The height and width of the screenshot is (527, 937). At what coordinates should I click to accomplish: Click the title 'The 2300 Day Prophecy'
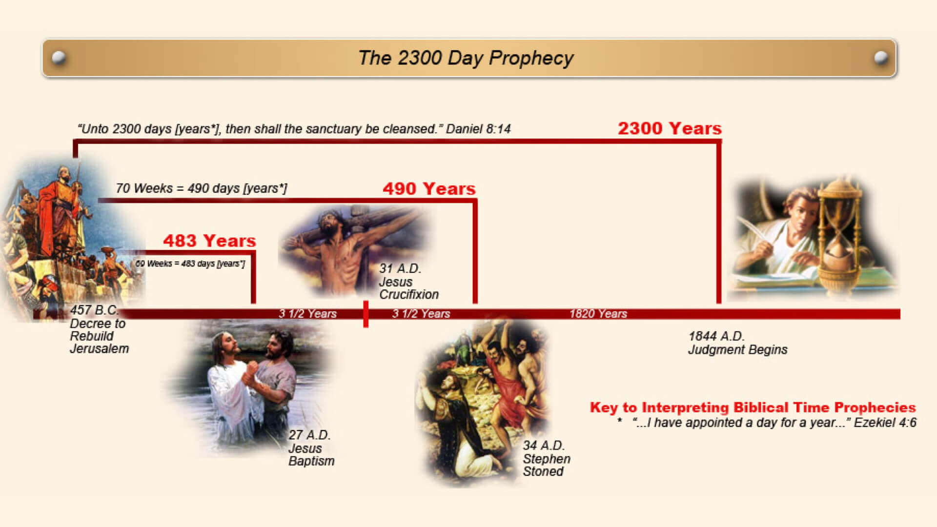point(466,58)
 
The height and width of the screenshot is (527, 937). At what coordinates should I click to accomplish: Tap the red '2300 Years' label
point(670,128)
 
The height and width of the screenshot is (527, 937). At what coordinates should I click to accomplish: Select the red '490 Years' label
point(429,188)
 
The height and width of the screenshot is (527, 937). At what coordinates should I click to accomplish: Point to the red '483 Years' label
point(209,241)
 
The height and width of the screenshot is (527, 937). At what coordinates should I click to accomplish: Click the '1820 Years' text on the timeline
point(598,314)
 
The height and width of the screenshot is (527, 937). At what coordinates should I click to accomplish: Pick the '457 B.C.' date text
point(94,310)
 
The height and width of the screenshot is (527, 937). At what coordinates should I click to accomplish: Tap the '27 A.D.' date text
point(309,435)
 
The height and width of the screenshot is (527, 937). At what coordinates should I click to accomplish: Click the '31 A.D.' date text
point(400,268)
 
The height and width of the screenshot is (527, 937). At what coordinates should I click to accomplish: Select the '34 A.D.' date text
point(544,446)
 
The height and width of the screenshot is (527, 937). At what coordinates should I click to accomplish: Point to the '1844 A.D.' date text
point(716,336)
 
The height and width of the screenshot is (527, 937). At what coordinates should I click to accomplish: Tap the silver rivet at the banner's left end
point(59,58)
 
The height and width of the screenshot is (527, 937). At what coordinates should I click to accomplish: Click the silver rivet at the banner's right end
point(881,58)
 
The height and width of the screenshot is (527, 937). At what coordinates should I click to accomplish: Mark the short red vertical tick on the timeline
point(366,314)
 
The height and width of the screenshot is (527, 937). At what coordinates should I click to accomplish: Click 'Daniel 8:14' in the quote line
point(478,129)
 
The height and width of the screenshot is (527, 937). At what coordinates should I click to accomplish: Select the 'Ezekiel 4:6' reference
point(885,423)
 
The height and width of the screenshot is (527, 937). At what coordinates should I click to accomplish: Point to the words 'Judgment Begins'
point(738,350)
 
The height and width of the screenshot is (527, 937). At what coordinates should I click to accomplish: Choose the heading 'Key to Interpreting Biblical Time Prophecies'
point(753,407)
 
